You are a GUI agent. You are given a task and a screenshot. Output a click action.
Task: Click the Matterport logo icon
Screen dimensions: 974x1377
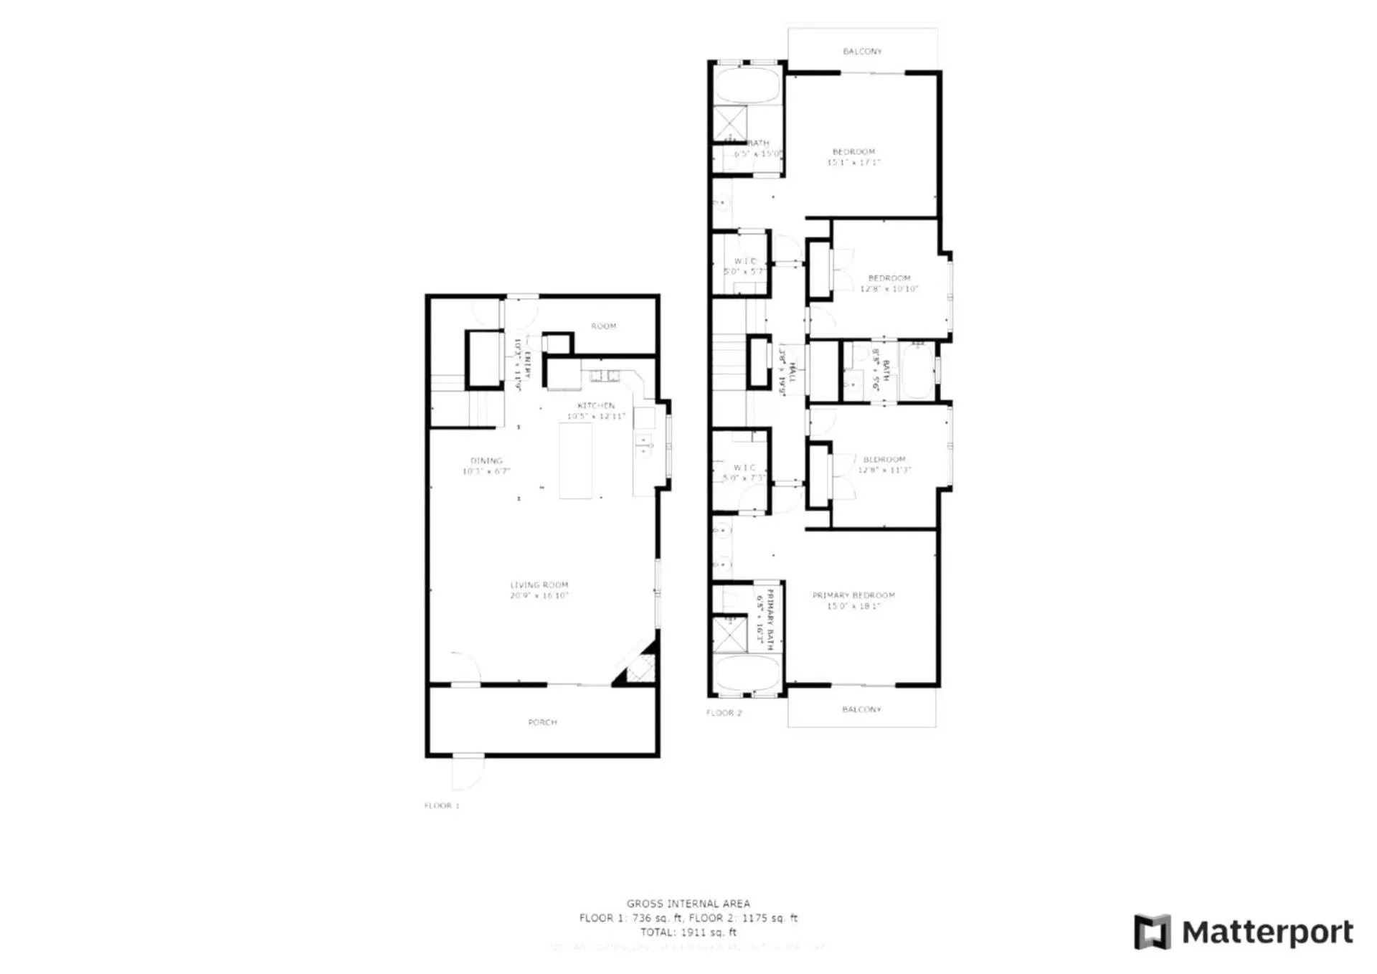coord(1152,932)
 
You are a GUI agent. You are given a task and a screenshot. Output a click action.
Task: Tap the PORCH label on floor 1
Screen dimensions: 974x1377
coord(542,722)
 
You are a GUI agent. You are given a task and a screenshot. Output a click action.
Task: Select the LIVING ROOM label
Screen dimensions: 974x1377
coord(539,585)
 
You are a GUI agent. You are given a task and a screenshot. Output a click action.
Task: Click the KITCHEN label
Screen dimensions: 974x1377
coord(596,405)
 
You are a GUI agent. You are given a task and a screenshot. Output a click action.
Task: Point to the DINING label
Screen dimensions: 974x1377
coord(486,460)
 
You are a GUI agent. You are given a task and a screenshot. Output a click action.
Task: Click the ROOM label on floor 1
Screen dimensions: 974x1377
coord(603,326)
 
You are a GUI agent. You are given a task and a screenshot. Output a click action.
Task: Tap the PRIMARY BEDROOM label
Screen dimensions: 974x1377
coord(853,595)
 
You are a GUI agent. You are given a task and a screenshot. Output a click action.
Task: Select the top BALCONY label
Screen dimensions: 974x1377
coord(862,52)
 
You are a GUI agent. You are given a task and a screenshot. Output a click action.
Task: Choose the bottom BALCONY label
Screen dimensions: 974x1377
coord(861,709)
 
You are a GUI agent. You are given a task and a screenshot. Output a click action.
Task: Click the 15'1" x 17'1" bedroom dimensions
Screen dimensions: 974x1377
coord(853,163)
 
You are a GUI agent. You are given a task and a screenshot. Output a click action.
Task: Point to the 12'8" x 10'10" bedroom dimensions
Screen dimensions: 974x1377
coord(889,289)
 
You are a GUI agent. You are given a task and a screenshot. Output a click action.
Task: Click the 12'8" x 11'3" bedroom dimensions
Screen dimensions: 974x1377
coord(884,471)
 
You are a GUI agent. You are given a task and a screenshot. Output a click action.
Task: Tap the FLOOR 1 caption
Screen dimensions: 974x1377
coord(442,805)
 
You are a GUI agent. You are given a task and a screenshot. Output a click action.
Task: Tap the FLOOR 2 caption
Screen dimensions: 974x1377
coord(724,713)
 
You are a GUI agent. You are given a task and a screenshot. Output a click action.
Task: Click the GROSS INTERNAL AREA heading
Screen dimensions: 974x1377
coord(688,904)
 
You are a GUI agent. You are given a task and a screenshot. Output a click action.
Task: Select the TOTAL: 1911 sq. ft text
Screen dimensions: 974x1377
coord(688,932)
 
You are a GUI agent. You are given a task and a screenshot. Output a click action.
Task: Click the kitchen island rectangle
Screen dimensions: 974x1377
coord(576,460)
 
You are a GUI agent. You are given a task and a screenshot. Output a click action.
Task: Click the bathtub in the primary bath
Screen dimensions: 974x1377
coord(747,673)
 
